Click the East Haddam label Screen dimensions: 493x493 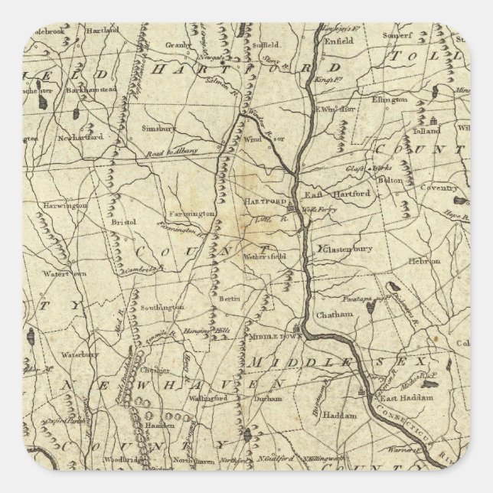[x=406, y=400]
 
